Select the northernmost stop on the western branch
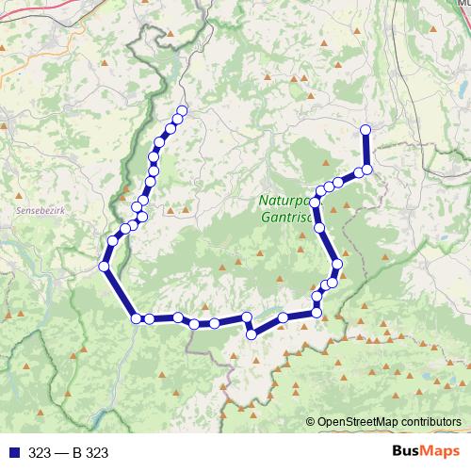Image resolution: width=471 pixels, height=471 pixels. [182, 111]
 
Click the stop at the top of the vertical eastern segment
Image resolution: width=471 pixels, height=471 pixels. [365, 129]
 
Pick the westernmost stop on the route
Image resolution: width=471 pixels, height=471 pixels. [104, 267]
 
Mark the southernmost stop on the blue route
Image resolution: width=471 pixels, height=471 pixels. [252, 333]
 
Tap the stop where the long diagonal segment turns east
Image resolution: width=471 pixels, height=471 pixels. [137, 318]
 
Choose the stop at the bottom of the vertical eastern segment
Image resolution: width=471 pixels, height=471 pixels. [367, 169]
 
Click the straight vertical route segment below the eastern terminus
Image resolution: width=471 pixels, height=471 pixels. [365, 149]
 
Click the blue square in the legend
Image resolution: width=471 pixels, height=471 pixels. [10, 453]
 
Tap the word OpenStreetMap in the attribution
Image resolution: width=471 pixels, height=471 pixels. [355, 422]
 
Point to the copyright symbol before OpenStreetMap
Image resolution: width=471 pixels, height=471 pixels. [311, 422]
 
